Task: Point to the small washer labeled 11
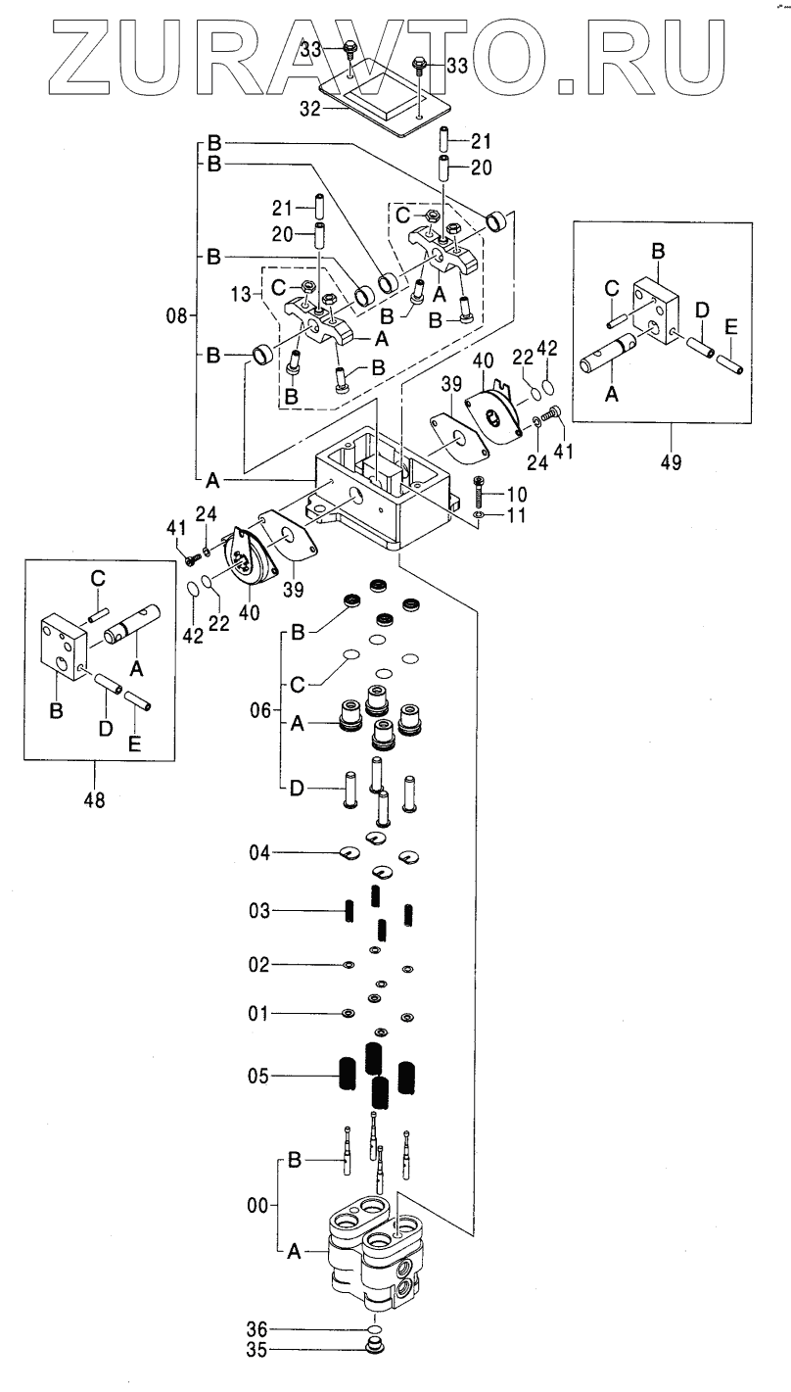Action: (x=477, y=514)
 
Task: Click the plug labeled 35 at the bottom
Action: (x=373, y=1347)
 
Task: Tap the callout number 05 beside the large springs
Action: (x=257, y=1077)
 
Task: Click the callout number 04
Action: (x=257, y=853)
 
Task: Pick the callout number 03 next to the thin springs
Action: (x=257, y=912)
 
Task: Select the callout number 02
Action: (x=257, y=966)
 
